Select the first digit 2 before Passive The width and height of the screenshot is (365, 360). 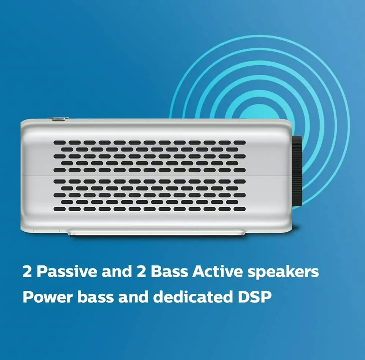click(27, 272)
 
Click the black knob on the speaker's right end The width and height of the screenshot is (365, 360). click(298, 170)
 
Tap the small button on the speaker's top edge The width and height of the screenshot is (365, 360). click(59, 119)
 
